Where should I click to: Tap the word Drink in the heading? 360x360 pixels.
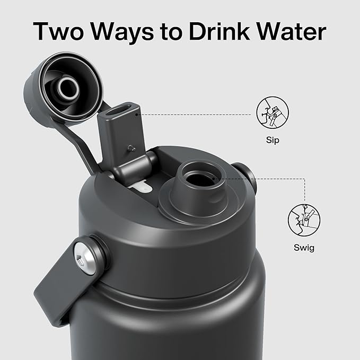[219, 31]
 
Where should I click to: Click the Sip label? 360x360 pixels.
[273, 140]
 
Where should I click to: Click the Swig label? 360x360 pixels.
[304, 248]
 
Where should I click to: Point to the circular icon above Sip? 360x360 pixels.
[273, 112]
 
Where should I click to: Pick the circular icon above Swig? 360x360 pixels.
[304, 220]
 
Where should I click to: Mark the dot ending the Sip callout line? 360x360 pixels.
[136, 114]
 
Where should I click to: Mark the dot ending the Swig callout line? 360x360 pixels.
[213, 178]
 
